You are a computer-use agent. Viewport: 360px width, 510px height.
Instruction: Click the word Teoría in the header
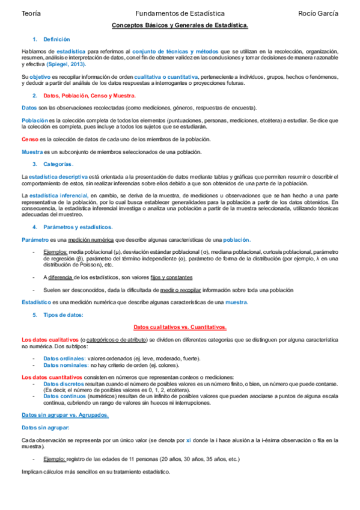[x=31, y=13]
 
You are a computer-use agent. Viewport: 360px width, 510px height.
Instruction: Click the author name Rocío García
[x=318, y=13]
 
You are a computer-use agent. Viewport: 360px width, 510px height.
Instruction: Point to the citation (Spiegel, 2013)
[x=66, y=64]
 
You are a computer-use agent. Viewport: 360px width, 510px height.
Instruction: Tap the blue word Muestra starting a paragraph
[x=32, y=152]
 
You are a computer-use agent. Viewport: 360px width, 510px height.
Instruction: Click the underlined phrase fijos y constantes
[x=172, y=277]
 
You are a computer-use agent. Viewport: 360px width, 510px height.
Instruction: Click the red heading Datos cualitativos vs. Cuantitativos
[x=180, y=327]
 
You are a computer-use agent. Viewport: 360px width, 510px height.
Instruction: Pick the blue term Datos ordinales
[x=64, y=358]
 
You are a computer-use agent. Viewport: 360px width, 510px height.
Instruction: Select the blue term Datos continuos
[x=64, y=396]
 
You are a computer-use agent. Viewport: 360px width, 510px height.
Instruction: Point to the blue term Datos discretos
[x=64, y=383]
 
